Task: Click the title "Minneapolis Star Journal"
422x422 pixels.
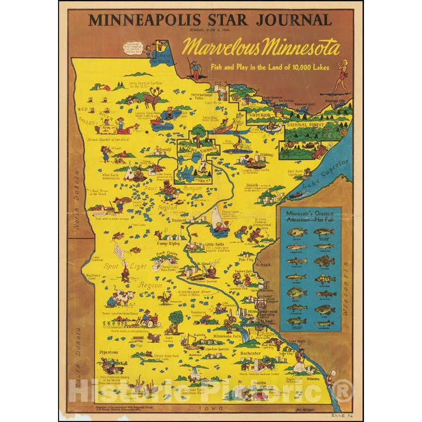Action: [x=210, y=20]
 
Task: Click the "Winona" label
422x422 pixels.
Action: [x=329, y=377]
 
